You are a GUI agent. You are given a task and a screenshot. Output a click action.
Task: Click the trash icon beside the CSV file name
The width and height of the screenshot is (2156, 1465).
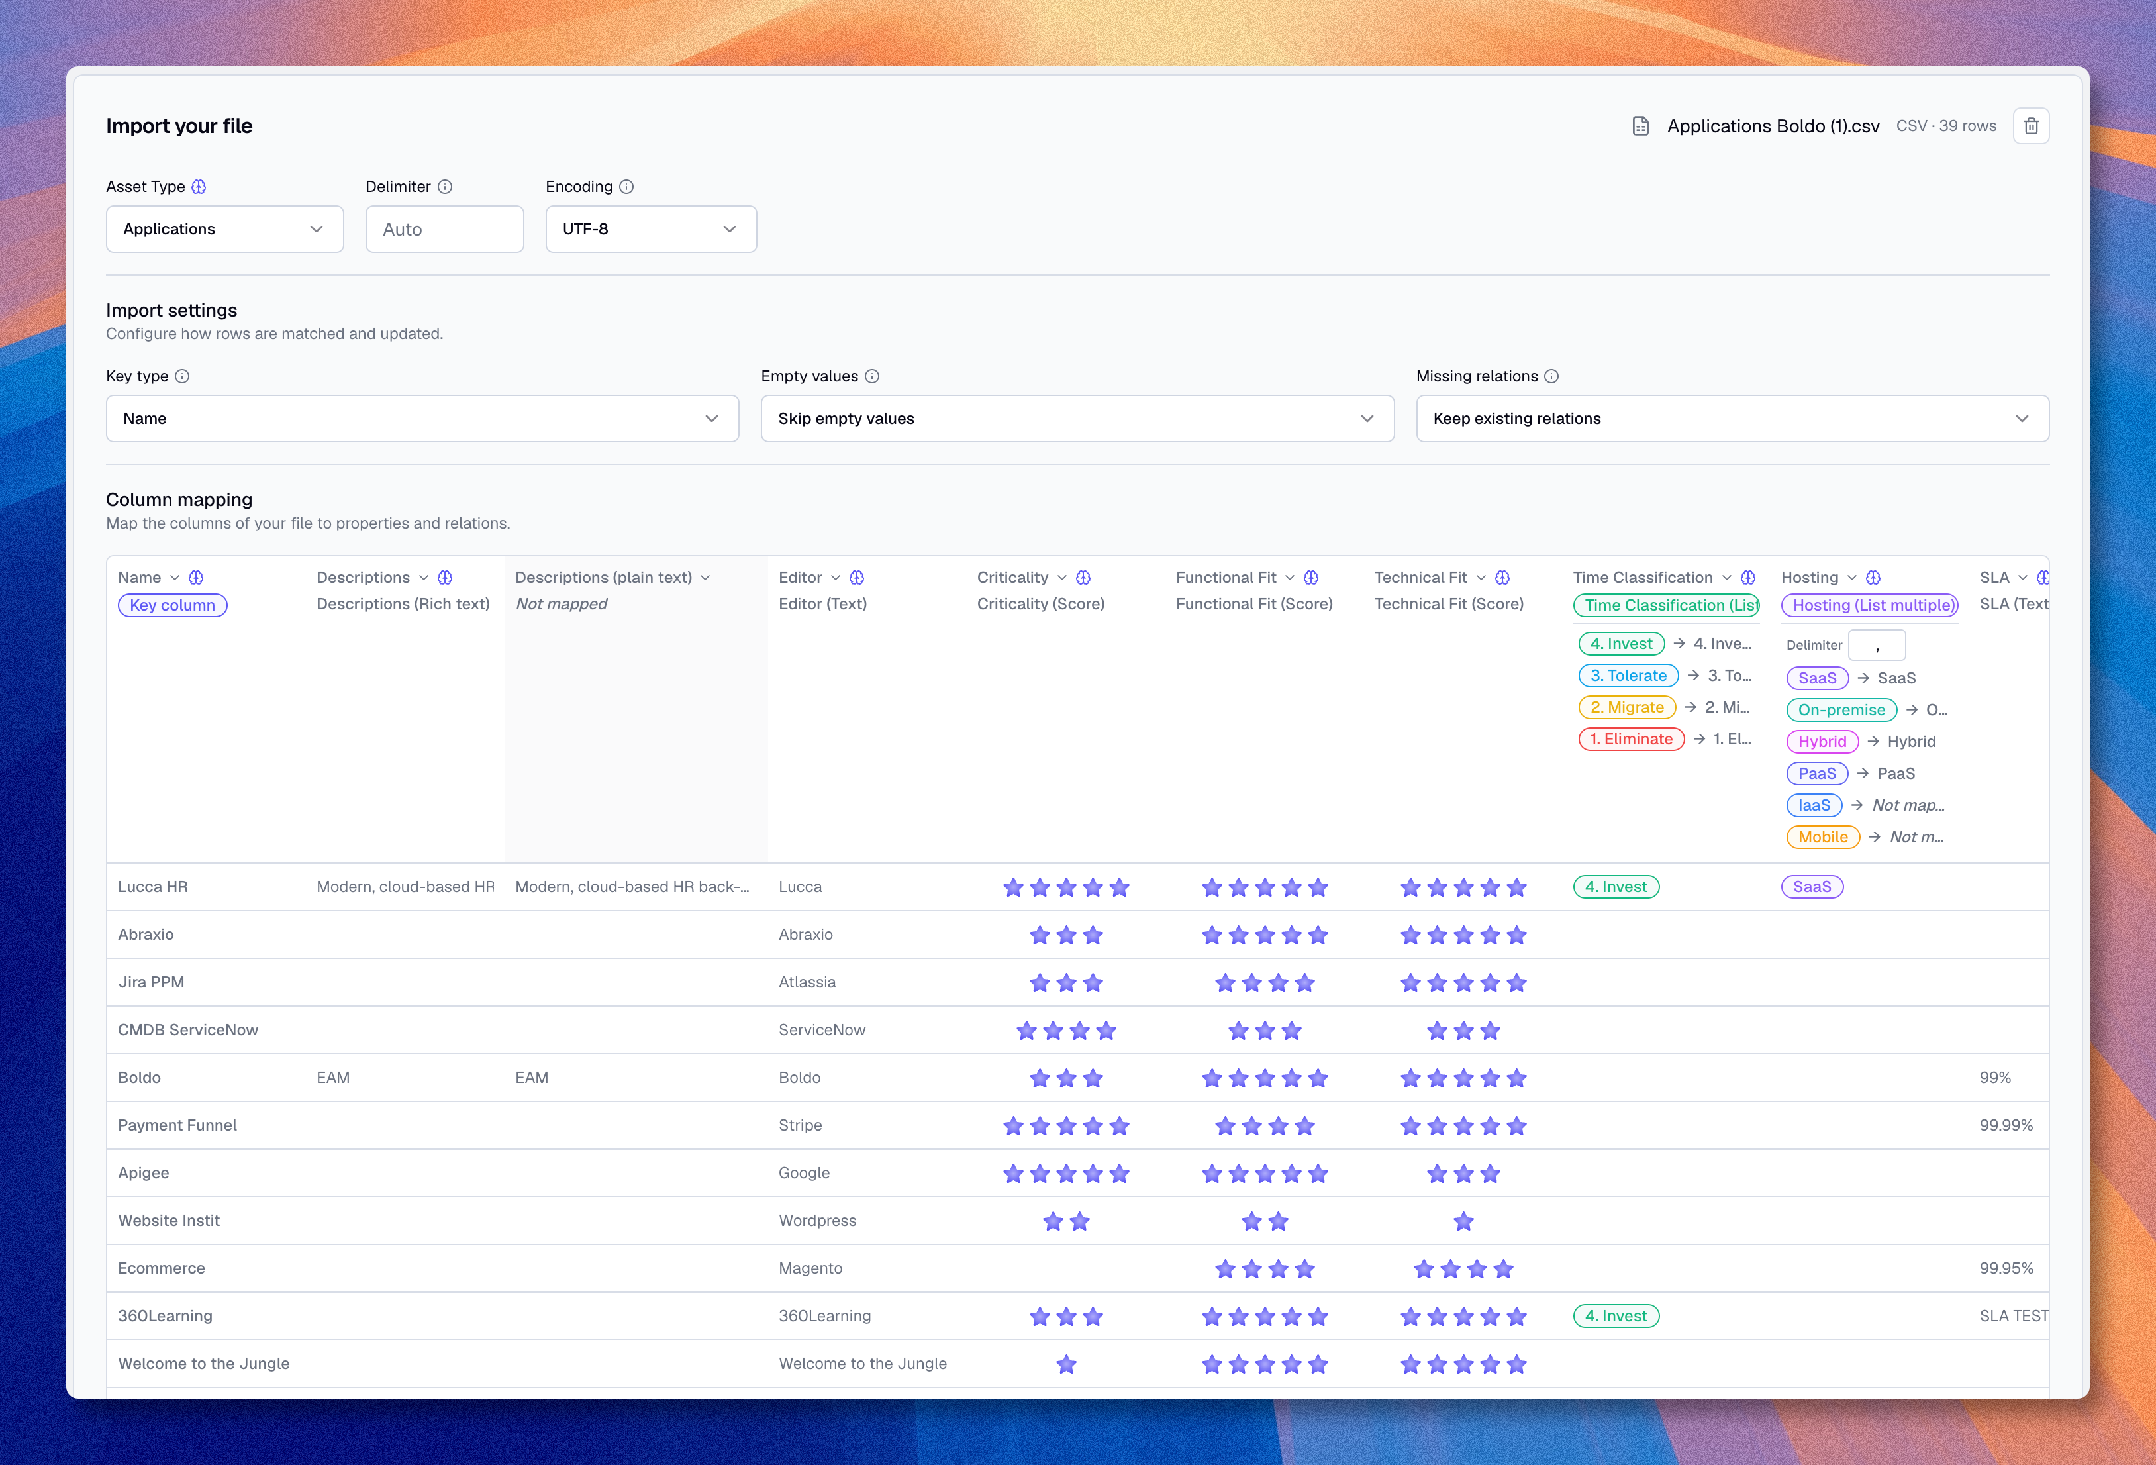coord(2031,126)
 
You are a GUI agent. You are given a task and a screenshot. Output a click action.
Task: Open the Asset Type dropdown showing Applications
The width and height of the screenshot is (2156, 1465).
coord(224,229)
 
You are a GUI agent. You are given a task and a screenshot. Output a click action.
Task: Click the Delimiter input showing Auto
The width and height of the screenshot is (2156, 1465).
coord(444,229)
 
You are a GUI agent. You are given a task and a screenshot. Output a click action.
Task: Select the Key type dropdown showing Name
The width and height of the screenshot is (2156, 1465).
coord(422,419)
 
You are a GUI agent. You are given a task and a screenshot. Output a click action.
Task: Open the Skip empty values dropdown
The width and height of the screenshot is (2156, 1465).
coord(1077,419)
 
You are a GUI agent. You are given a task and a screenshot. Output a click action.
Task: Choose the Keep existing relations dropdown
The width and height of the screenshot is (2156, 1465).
coord(1732,419)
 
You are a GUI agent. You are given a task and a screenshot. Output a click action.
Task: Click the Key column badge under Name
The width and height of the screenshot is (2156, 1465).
coord(173,605)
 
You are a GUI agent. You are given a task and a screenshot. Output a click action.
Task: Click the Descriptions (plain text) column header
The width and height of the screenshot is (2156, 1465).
coord(604,577)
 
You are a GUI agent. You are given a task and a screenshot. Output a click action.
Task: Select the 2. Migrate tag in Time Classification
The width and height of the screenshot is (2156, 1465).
coord(1627,707)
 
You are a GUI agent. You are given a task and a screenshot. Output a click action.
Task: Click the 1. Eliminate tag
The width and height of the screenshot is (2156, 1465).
coord(1631,738)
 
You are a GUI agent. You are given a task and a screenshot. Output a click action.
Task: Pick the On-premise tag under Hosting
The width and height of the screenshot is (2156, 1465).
coord(1841,710)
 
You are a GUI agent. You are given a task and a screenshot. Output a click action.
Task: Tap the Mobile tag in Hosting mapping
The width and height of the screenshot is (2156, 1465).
coord(1823,837)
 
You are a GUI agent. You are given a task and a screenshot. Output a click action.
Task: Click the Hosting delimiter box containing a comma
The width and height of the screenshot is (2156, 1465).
coord(1877,645)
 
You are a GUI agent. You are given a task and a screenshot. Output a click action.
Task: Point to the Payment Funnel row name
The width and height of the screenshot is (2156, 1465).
coord(177,1125)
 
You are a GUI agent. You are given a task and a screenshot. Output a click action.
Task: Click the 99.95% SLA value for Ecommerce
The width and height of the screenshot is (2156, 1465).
coord(2006,1268)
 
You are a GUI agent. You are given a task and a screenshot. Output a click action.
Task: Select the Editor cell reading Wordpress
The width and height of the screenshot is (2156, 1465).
coord(817,1220)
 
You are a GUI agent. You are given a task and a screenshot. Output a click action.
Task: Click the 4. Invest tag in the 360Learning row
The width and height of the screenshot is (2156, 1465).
coord(1616,1315)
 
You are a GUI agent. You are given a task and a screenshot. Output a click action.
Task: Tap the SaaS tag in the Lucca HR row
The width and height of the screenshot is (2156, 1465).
coord(1812,886)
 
